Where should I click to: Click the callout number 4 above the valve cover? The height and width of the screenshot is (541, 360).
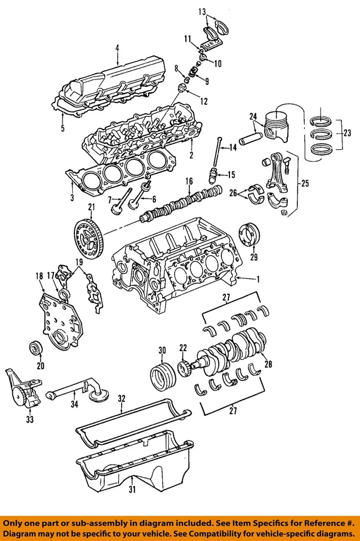coord(118,48)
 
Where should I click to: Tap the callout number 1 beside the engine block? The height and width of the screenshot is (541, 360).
coord(258,279)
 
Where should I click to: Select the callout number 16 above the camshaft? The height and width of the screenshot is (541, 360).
coord(189,181)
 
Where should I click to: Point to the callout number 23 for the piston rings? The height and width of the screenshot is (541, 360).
coord(347,134)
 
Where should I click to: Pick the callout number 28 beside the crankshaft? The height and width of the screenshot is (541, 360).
coord(268,364)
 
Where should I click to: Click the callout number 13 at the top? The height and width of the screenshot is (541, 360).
coord(202,11)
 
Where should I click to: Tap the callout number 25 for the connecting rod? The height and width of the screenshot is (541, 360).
coord(305,183)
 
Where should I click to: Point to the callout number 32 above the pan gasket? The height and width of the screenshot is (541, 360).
coord(121,398)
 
